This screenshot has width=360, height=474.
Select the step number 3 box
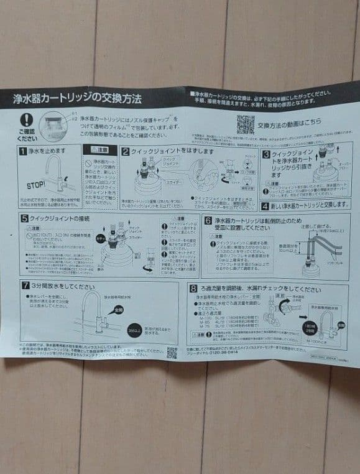pos(265,154)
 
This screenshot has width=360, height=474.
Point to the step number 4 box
pos(265,205)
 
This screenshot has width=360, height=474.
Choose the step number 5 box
pos(24,219)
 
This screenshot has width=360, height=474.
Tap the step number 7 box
pos(25,286)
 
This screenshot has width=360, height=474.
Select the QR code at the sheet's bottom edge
pos(172,353)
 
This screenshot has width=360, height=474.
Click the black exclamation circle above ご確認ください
pos(26,121)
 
